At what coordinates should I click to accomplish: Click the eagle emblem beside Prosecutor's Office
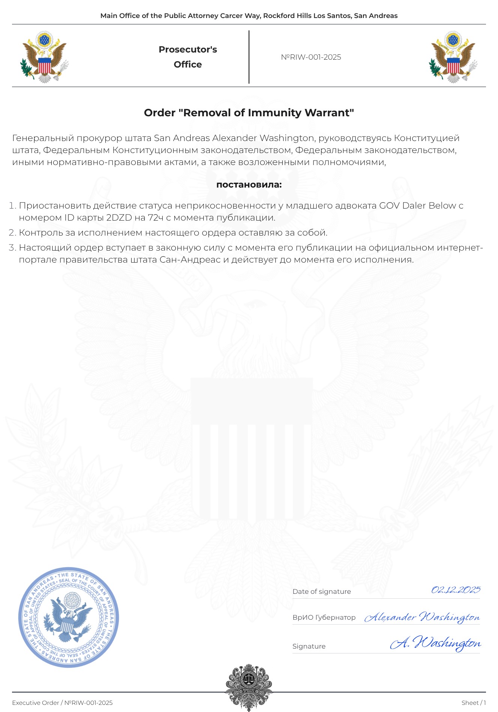(x=44, y=57)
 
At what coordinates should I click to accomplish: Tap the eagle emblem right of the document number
(x=453, y=57)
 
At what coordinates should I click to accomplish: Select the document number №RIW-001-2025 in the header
(x=311, y=57)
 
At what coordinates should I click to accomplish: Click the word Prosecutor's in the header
(x=187, y=50)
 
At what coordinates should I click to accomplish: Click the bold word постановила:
(x=249, y=185)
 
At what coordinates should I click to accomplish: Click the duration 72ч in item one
(x=156, y=218)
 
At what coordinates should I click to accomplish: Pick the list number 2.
(x=12, y=233)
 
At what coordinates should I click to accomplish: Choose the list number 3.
(x=12, y=248)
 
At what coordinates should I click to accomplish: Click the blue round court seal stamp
(x=69, y=617)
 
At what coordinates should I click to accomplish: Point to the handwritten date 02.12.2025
(x=456, y=590)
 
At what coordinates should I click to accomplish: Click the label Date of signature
(x=322, y=592)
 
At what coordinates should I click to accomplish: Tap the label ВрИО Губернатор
(x=324, y=617)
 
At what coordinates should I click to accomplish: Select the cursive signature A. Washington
(x=435, y=643)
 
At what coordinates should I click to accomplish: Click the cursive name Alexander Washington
(x=422, y=617)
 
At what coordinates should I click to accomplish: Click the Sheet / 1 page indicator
(x=474, y=703)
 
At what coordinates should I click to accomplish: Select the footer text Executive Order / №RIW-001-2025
(x=62, y=703)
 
